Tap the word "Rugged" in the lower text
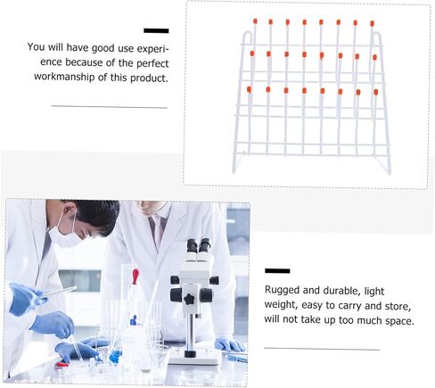282,290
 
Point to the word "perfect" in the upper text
152,63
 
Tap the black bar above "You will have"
156,30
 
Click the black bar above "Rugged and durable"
277,270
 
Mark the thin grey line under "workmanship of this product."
110,106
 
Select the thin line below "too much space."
322,349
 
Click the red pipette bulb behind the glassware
135,277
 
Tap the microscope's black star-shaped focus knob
189,299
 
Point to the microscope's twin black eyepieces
199,245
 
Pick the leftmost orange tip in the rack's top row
255,21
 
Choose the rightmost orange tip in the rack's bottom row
376,93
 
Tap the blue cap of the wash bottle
134,320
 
